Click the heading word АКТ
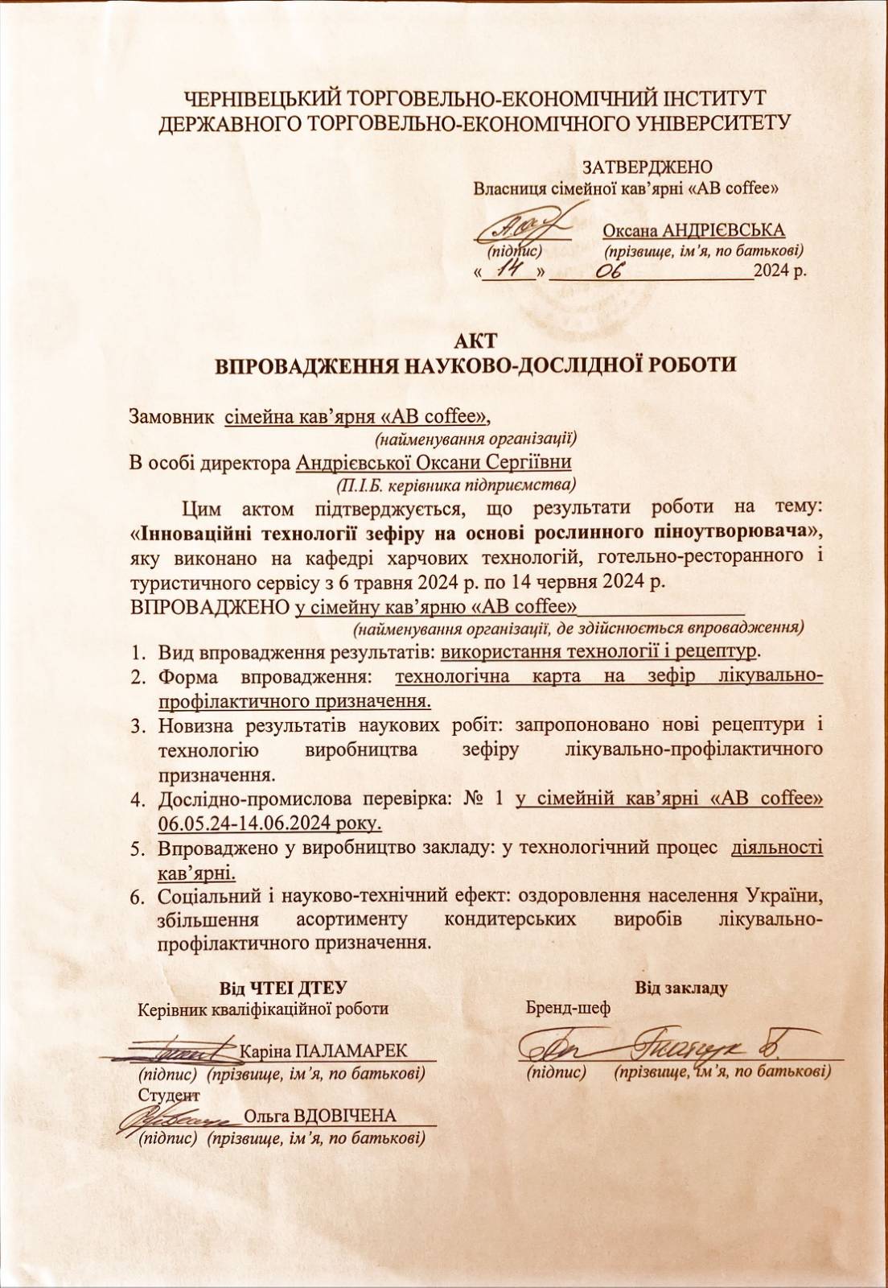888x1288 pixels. coord(475,338)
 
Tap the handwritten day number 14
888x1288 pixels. coord(511,271)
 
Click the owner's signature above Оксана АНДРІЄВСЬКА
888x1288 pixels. coord(522,225)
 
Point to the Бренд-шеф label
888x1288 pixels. coord(567,1008)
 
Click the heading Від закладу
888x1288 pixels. coord(680,987)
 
